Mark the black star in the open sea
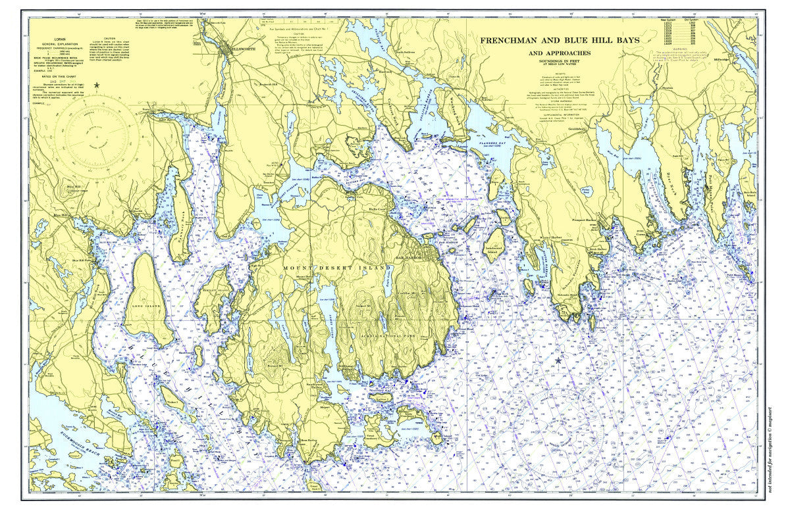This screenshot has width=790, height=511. click(x=559, y=360)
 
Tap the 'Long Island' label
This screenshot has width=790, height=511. click(x=145, y=306)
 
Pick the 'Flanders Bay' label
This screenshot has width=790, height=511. click(x=485, y=139)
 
